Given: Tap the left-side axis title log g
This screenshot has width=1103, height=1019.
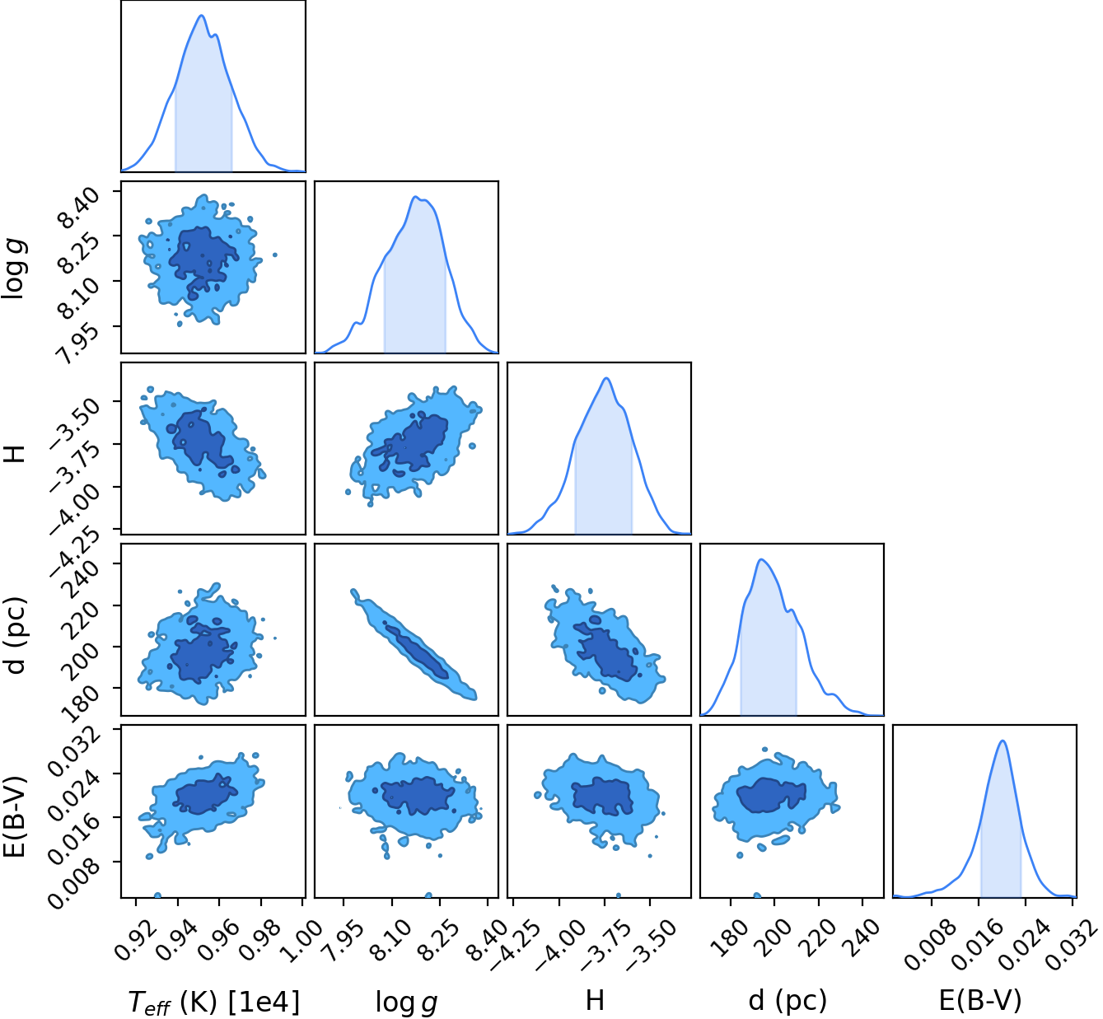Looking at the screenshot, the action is [14, 269].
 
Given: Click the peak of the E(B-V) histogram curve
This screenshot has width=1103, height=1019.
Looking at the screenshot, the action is [1003, 741].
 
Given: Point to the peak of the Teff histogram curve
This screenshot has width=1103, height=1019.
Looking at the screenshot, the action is [202, 16].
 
